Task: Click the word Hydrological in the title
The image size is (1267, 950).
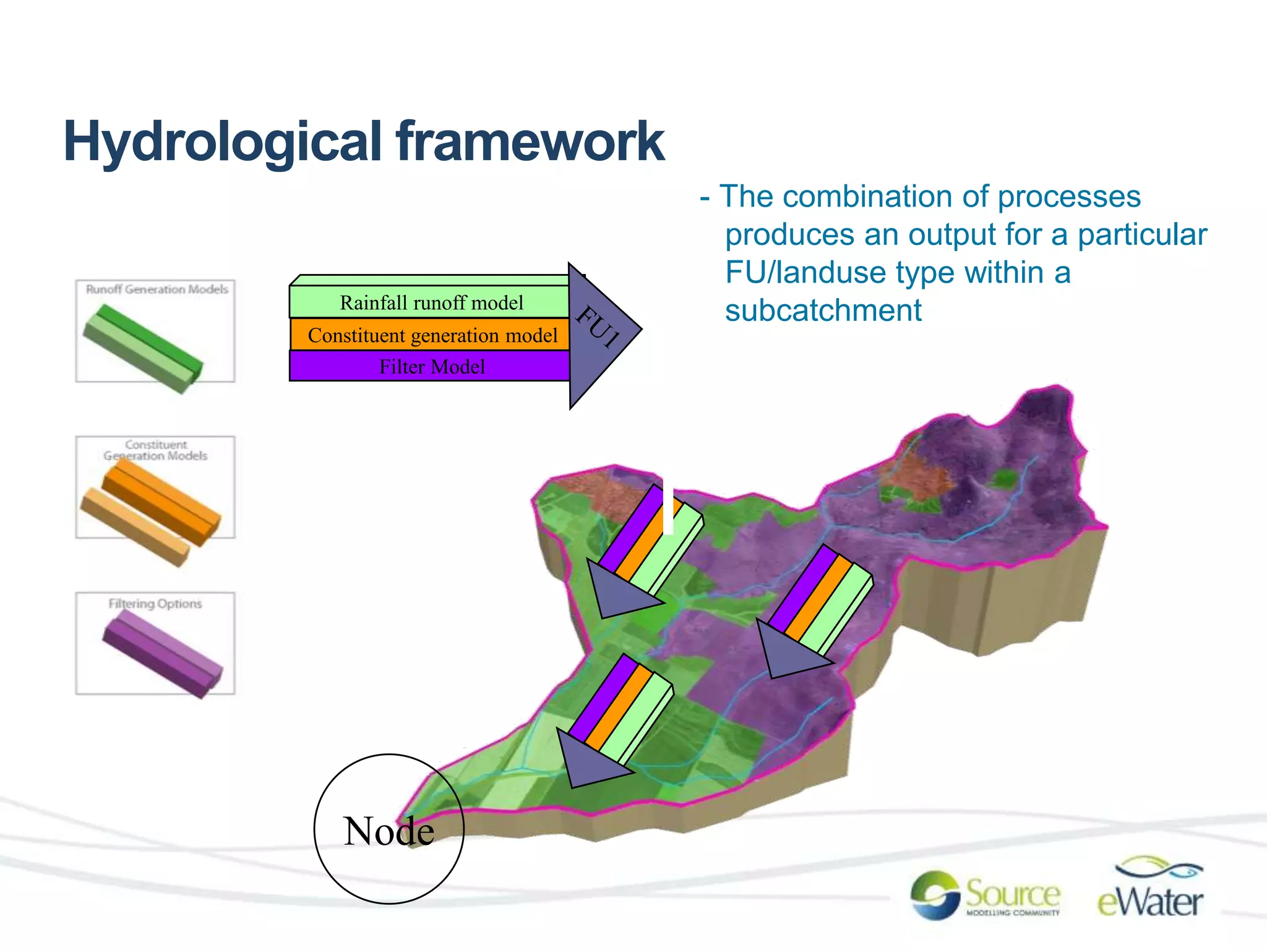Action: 223,142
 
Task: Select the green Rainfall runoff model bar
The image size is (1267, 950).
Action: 431,302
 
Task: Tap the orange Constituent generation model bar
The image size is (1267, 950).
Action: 432,335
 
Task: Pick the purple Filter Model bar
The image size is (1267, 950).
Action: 431,367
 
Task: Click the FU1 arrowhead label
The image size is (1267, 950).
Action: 598,327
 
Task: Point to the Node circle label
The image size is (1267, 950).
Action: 389,831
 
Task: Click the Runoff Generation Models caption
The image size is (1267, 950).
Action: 157,289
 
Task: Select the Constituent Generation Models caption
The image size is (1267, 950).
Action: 155,450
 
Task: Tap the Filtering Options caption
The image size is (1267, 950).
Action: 155,604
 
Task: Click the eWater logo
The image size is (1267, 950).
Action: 1150,891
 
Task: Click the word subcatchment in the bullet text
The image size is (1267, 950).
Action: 823,310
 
